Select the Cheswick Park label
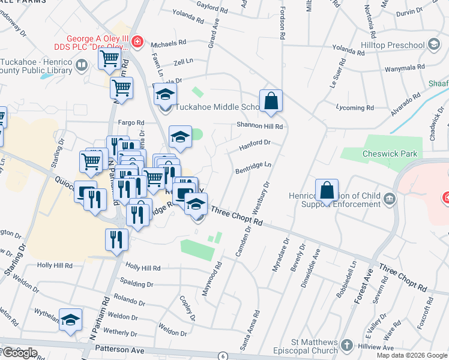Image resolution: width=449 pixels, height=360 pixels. pyautogui.click(x=390, y=154)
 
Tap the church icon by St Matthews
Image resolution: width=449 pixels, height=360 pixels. pyautogui.click(x=347, y=346)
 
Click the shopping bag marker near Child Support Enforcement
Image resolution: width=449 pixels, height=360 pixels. pyautogui.click(x=327, y=191)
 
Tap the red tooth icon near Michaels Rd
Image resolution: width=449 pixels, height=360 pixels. pyautogui.click(x=137, y=41)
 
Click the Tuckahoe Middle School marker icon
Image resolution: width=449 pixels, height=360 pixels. pyautogui.click(x=165, y=94)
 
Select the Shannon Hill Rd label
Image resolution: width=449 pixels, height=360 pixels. pyautogui.click(x=259, y=126)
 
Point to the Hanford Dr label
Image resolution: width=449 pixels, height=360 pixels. pyautogui.click(x=256, y=143)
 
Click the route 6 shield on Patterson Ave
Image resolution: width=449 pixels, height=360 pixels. pyautogui.click(x=223, y=356)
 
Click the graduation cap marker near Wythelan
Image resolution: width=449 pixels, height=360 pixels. pyautogui.click(x=70, y=321)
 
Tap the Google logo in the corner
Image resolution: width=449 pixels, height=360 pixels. pyautogui.click(x=19, y=353)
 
